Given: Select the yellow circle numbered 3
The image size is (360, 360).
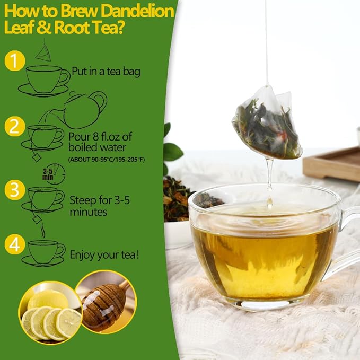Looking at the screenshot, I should (x=15, y=189).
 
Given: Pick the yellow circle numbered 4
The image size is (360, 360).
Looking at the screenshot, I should (x=15, y=244).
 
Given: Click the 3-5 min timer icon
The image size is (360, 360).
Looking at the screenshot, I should (x=54, y=173).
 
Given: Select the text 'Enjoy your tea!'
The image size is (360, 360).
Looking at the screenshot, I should (x=105, y=255).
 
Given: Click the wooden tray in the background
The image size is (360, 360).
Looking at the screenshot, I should (x=331, y=164).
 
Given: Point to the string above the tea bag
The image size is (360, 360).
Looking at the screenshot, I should (x=266, y=42).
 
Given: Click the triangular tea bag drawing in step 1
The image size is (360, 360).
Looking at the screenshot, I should (x=43, y=52).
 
